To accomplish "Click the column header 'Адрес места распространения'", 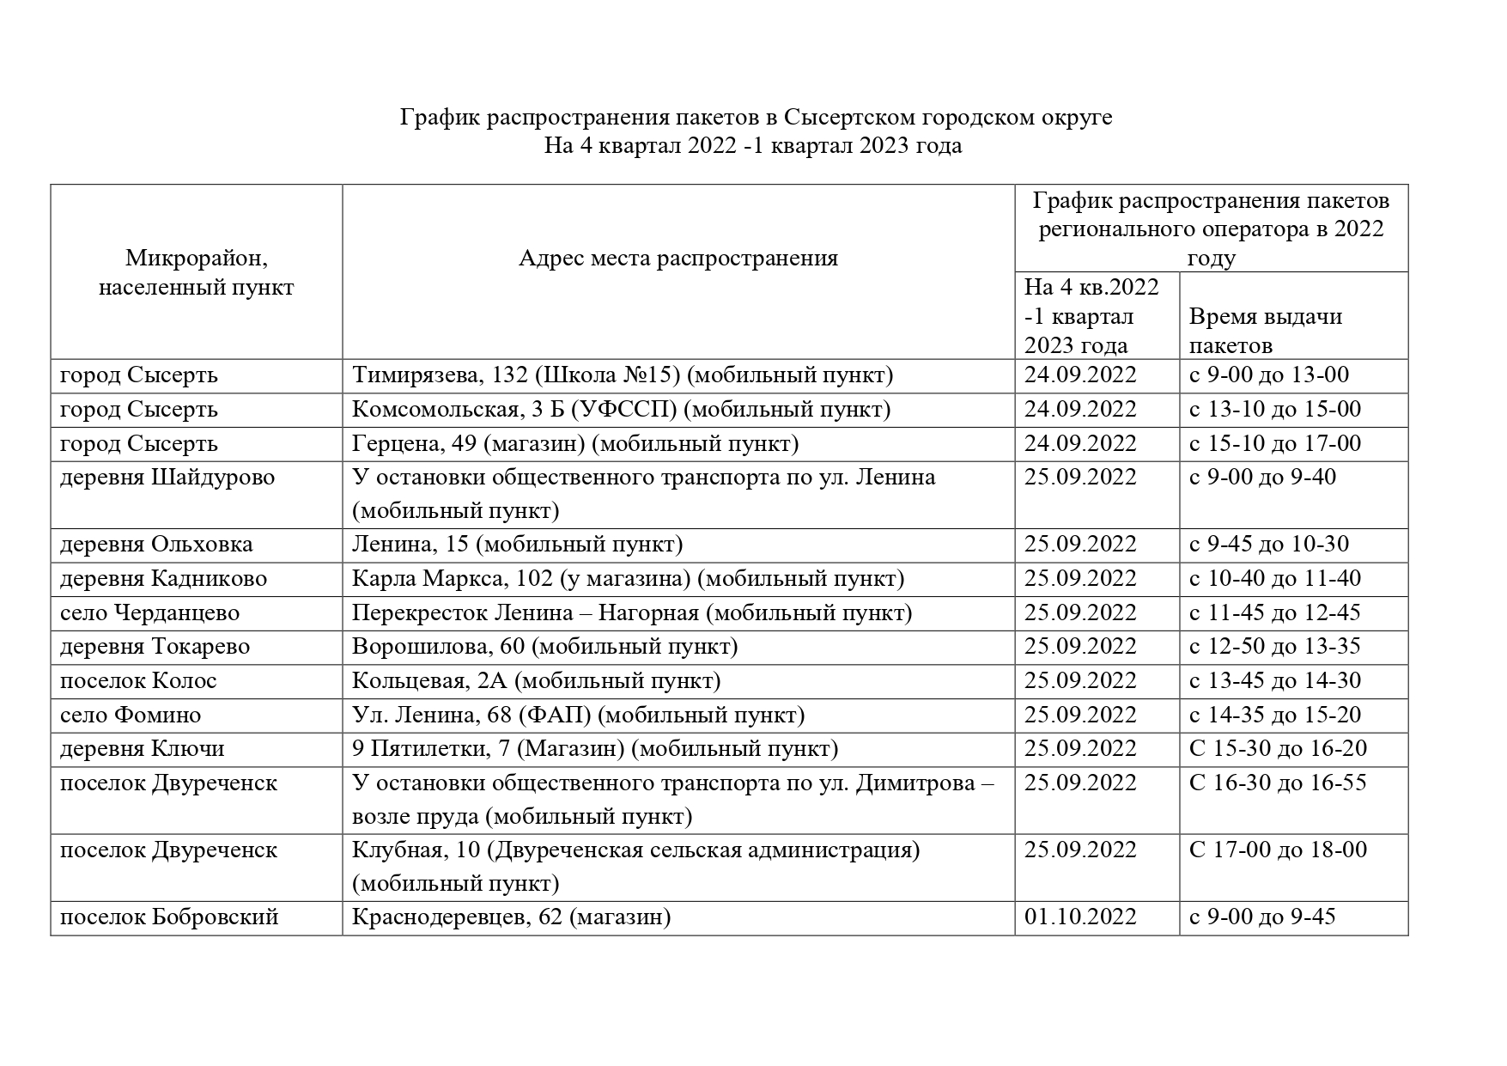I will pos(678,259).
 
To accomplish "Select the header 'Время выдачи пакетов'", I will pos(1265,331).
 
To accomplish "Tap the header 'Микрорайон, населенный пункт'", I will pos(196,272).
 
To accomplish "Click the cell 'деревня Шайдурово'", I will pos(167,478).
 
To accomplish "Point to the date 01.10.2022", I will pos(1080,917).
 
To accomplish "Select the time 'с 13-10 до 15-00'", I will pos(1274,410).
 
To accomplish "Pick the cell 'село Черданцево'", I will pos(149,613).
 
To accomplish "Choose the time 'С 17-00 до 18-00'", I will pos(1277,850).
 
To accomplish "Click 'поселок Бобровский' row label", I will pos(169,917).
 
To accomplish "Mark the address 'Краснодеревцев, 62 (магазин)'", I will pos(511,917).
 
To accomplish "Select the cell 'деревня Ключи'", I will pos(142,749).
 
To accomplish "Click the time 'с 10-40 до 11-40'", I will pos(1274,579).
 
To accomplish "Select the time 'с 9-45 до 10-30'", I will pos(1268,545).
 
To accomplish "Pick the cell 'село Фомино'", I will pos(131,716).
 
